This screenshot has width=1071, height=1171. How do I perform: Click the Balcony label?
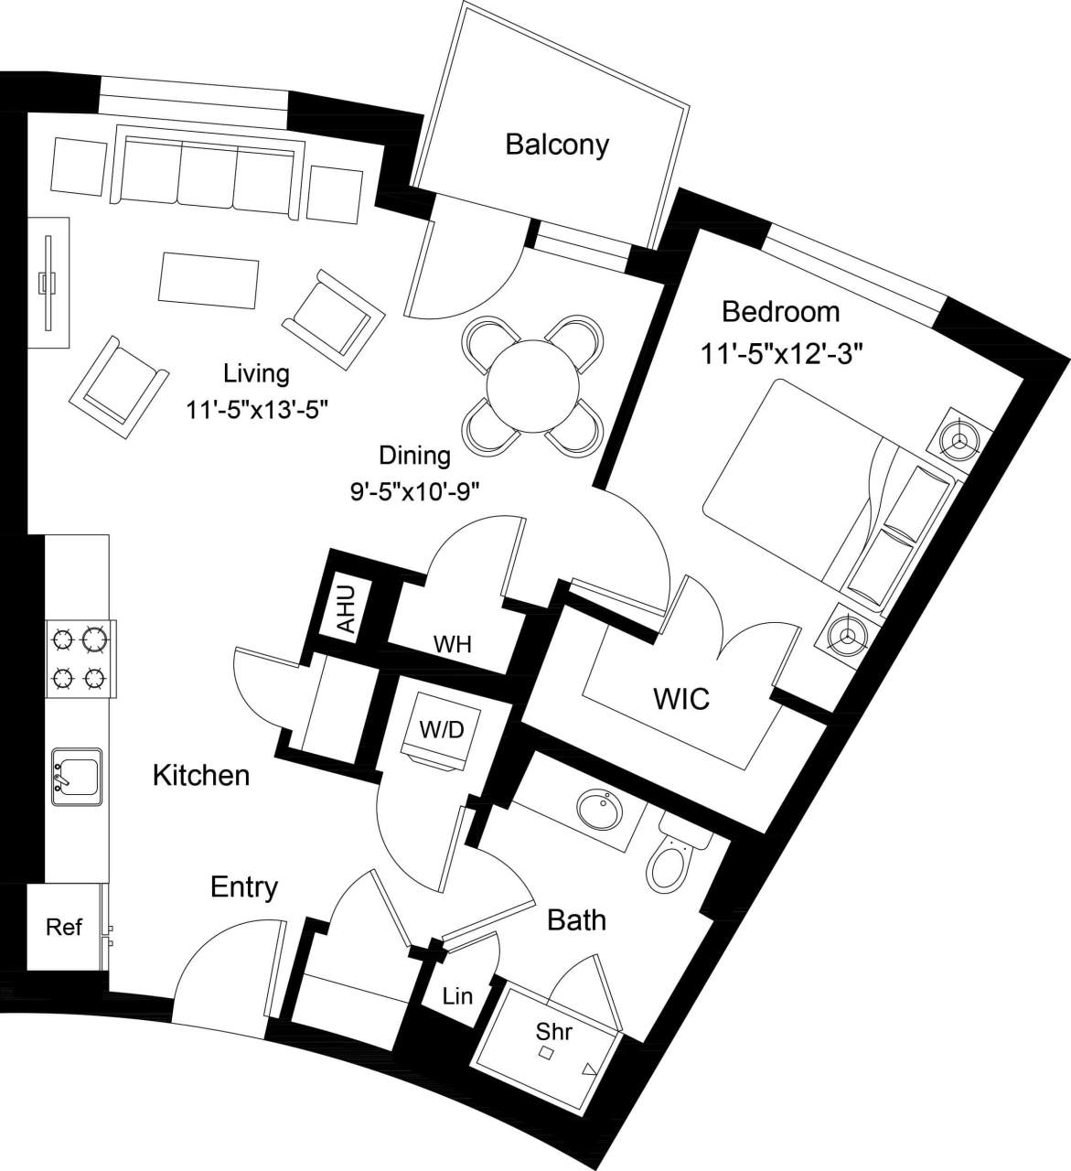(557, 145)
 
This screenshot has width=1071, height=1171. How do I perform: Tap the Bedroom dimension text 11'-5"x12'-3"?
(782, 353)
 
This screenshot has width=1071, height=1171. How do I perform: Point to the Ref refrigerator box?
(64, 927)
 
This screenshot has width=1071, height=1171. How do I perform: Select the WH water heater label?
(452, 644)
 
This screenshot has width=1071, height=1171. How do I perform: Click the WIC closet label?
(681, 699)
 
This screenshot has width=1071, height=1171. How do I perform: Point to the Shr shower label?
(554, 1031)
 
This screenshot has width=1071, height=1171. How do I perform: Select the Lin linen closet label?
(457, 995)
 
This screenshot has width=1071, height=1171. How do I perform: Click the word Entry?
(244, 886)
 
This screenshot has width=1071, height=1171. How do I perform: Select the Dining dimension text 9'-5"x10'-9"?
(415, 491)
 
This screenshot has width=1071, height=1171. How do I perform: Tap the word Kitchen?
(200, 775)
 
